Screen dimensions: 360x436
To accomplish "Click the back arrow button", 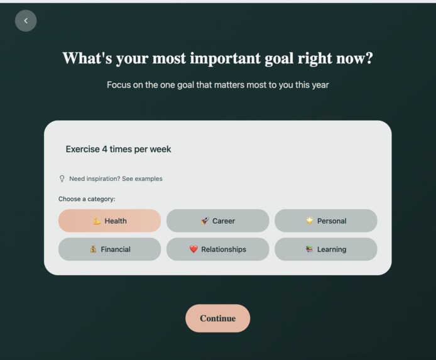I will (x=26, y=21).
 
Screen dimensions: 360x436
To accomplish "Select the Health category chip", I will (x=109, y=221).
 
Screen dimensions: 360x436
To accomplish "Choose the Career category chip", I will (x=217, y=221).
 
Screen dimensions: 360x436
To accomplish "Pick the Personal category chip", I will (x=325, y=221).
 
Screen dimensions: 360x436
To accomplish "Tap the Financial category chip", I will (x=109, y=249).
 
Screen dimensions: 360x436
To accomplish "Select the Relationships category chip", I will (x=217, y=249).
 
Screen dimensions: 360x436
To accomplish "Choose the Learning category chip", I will (x=325, y=249).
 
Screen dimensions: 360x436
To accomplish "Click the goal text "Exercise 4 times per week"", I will (x=119, y=149).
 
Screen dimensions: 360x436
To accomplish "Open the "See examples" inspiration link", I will (x=142, y=178).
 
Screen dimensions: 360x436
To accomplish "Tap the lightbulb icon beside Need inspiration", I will (x=62, y=178).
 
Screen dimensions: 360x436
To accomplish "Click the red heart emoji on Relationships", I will (x=193, y=249).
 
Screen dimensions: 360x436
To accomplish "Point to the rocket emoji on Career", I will (x=205, y=221).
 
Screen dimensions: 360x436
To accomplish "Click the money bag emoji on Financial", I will (x=93, y=249).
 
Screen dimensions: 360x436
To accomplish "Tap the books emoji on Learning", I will (x=309, y=249).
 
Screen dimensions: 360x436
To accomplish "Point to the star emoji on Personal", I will (x=309, y=221).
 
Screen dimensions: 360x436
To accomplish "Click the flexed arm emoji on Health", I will (x=97, y=221).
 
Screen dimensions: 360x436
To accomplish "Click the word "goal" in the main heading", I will (x=278, y=58).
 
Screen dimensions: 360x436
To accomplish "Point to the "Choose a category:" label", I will (x=87, y=199).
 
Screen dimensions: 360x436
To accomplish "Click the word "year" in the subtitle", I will (x=320, y=84).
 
